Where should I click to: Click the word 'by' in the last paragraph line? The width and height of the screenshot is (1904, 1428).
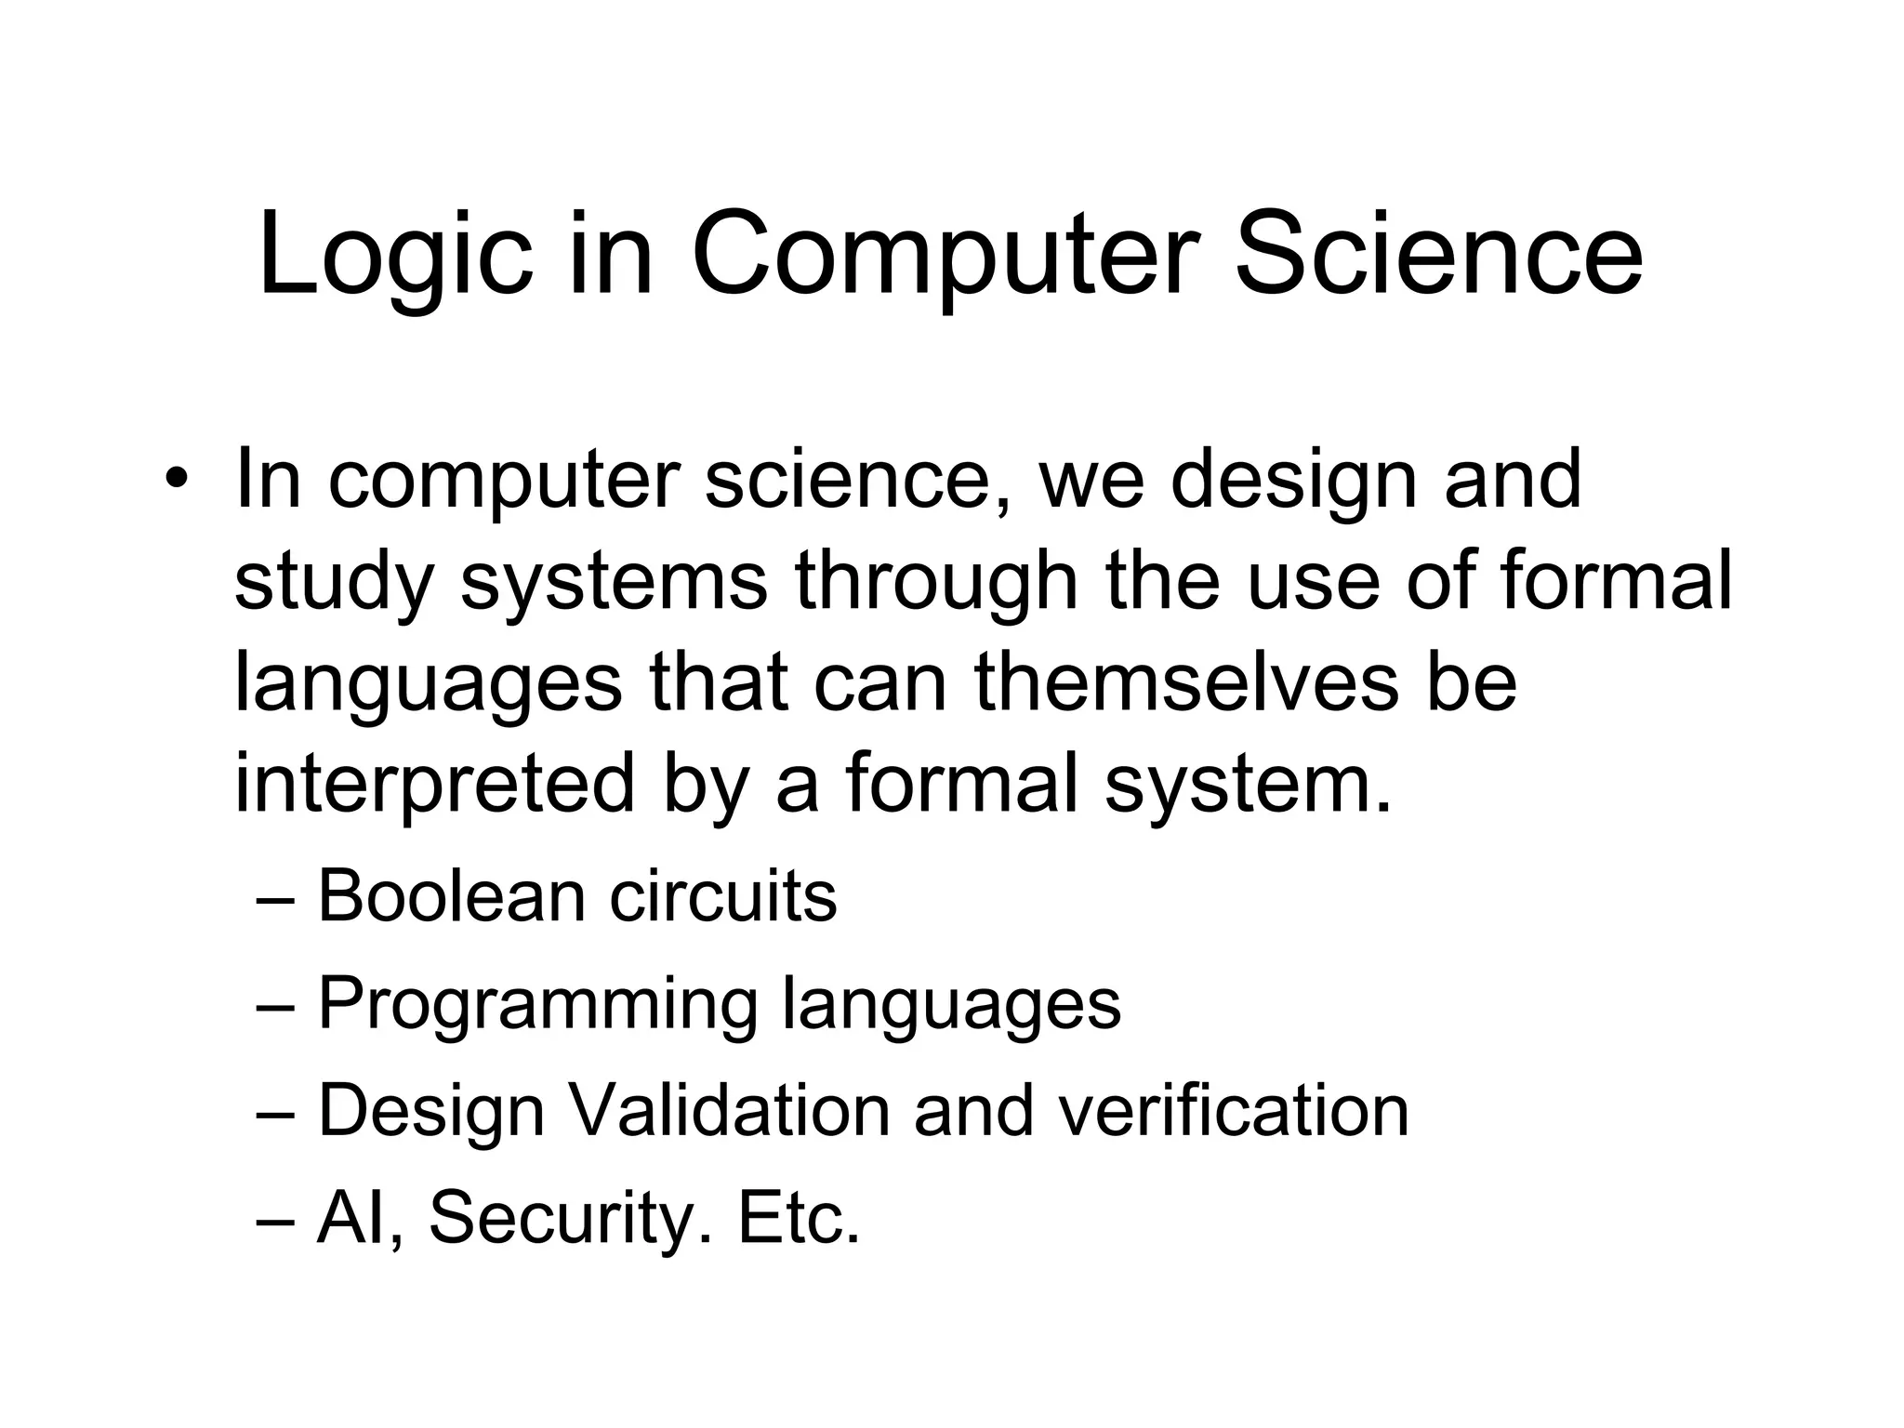click(x=707, y=786)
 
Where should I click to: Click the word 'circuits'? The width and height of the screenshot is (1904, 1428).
click(x=723, y=897)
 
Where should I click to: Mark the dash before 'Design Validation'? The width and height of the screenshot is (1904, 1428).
click(x=275, y=1115)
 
